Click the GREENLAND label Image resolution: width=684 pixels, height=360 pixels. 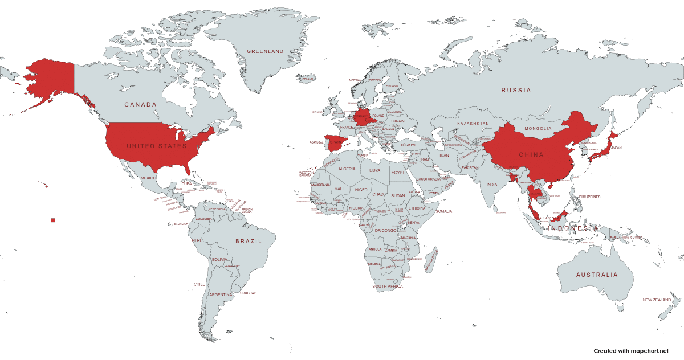[x=265, y=51]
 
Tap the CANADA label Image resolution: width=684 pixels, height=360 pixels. [x=141, y=104]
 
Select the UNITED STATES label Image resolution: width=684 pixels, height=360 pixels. [x=157, y=146]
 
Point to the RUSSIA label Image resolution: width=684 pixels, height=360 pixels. [x=516, y=90]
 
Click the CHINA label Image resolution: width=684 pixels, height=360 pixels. [x=531, y=154]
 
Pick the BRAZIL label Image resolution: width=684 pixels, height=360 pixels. [x=249, y=241]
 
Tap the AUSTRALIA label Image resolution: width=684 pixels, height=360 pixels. [x=596, y=275]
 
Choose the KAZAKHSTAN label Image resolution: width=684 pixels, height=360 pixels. [x=473, y=124]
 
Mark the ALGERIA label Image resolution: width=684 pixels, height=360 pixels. [x=347, y=169]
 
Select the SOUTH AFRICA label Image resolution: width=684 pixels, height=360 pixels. [x=388, y=286]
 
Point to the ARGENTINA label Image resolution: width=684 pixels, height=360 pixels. [x=221, y=294]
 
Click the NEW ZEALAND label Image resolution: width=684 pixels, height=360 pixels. [x=657, y=300]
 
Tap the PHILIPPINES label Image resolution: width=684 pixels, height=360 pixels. [x=589, y=197]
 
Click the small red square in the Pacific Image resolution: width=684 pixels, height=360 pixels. [x=53, y=220]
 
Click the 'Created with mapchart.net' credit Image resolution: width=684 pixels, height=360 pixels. [x=631, y=351]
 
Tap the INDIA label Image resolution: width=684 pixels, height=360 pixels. [x=492, y=185]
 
